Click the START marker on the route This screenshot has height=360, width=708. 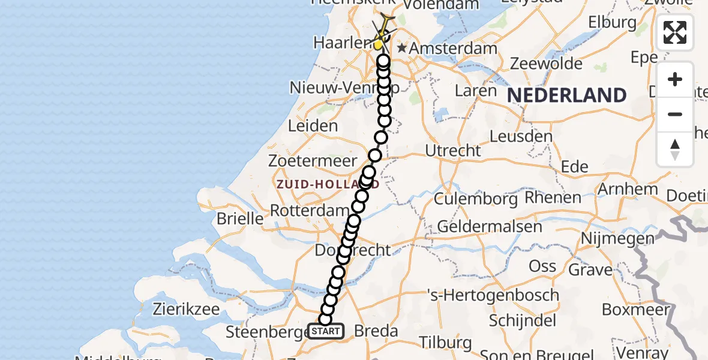click(x=326, y=331)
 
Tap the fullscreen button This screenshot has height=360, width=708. click(x=675, y=32)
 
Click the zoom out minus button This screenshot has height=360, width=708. click(x=675, y=114)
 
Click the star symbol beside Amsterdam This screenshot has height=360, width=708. click(x=402, y=47)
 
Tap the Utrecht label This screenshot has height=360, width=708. click(x=453, y=150)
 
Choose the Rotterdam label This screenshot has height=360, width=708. click(x=310, y=211)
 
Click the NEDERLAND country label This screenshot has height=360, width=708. click(x=567, y=95)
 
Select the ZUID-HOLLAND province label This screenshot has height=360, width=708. click(x=328, y=185)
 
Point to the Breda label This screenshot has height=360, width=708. click(x=376, y=331)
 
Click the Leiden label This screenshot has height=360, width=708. click(x=313, y=126)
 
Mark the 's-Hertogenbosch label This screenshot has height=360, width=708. click(x=493, y=295)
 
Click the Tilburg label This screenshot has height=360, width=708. click(x=445, y=343)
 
